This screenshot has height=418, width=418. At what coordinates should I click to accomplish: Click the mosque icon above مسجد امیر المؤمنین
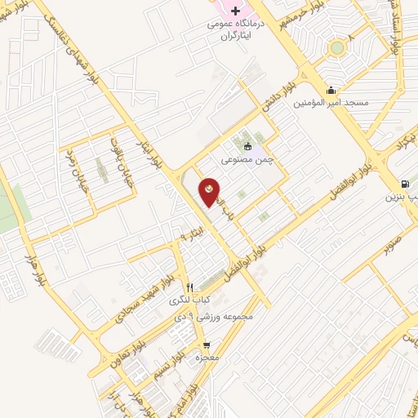[331, 90]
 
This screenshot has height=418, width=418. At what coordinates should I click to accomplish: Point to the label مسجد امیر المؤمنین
[336, 104]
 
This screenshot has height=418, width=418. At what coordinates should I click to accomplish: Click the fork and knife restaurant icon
[189, 287]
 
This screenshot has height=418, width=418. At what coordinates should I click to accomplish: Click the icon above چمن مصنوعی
[247, 148]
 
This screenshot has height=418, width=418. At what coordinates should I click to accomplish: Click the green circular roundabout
[336, 47]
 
